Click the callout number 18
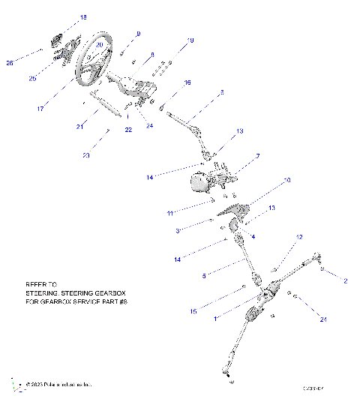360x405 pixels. [83, 16]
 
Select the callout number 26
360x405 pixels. [10, 63]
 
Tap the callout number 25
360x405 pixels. [32, 77]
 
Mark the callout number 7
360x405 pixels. [257, 156]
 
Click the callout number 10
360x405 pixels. [286, 181]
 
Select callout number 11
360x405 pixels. [170, 213]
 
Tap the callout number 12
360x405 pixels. [298, 236]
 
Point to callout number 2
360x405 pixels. [345, 280]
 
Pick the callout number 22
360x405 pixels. [128, 130]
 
